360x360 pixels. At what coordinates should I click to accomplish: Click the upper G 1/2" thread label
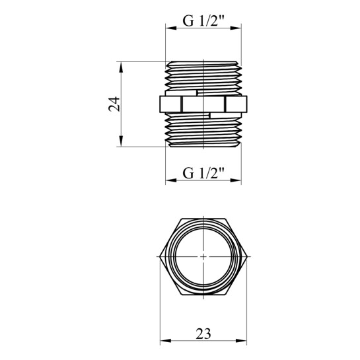203,20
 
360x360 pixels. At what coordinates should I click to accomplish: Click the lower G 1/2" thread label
203,173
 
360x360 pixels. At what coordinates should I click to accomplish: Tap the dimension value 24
114,104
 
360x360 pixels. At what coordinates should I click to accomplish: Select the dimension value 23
203,334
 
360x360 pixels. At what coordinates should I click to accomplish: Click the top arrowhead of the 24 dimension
122,67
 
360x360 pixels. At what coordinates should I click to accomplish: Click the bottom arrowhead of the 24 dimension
122,141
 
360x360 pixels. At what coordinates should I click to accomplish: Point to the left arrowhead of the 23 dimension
166,340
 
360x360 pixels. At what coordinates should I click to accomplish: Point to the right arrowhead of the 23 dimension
241,340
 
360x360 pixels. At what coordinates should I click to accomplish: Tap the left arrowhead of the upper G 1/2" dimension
171,28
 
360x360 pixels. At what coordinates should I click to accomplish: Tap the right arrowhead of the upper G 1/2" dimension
236,28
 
